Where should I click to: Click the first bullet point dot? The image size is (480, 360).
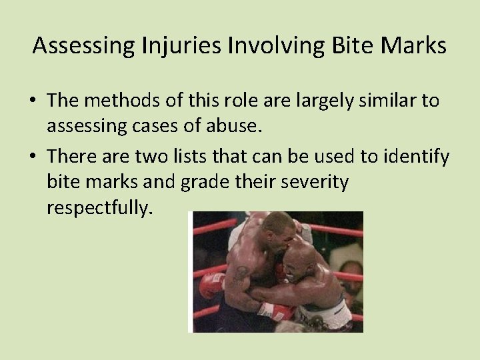point(33,101)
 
